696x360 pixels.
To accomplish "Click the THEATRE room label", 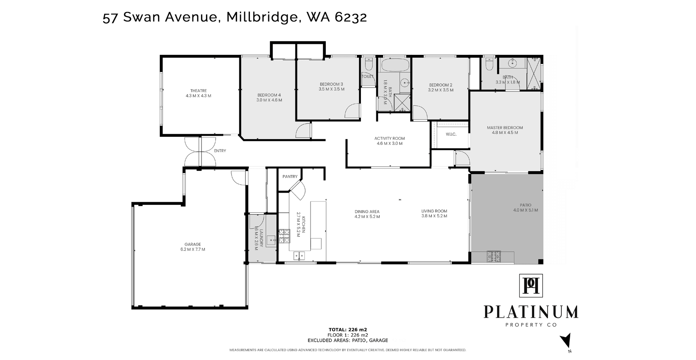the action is pyautogui.click(x=198, y=91).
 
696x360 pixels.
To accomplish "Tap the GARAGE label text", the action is pyautogui.click(x=193, y=244).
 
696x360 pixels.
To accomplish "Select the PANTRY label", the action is pyautogui.click(x=290, y=177).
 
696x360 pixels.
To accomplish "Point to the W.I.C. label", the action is pyautogui.click(x=451, y=134).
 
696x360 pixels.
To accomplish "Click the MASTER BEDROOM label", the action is pyautogui.click(x=505, y=128).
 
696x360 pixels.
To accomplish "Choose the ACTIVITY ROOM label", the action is pyautogui.click(x=390, y=138).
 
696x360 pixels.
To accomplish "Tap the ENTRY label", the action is pyautogui.click(x=220, y=151).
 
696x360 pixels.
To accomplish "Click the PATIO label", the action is pyautogui.click(x=525, y=205).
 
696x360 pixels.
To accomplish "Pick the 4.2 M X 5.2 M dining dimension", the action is pyautogui.click(x=367, y=217).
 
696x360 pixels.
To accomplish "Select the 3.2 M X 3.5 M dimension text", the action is pyautogui.click(x=441, y=90).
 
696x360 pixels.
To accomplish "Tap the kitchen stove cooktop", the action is pyautogui.click(x=284, y=236).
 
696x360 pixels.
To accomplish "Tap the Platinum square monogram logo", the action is pyautogui.click(x=531, y=286).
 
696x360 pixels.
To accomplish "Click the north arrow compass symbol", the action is pyautogui.click(x=566, y=340).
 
